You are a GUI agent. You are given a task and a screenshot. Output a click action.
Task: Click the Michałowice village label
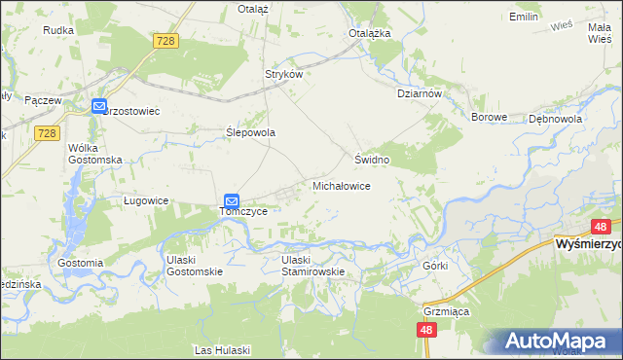pos(340,185)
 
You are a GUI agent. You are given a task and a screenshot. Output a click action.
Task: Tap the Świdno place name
pos(372,159)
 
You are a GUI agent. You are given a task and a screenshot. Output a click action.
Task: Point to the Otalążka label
pos(370,32)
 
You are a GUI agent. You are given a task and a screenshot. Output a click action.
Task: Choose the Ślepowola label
pos(251,132)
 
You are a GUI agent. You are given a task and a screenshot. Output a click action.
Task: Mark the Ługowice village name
pos(147,200)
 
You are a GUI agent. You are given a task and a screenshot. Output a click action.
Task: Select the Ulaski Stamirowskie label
pos(313,266)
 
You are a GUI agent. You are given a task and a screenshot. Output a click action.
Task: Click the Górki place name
pos(434,265)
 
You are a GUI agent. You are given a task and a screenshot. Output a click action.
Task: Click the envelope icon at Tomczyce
pos(232,199)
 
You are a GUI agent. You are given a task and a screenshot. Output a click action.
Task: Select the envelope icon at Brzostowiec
pos(99,106)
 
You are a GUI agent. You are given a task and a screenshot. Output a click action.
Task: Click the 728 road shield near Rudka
pos(165,40)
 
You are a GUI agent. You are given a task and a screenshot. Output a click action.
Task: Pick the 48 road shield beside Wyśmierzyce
pos(600,226)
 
